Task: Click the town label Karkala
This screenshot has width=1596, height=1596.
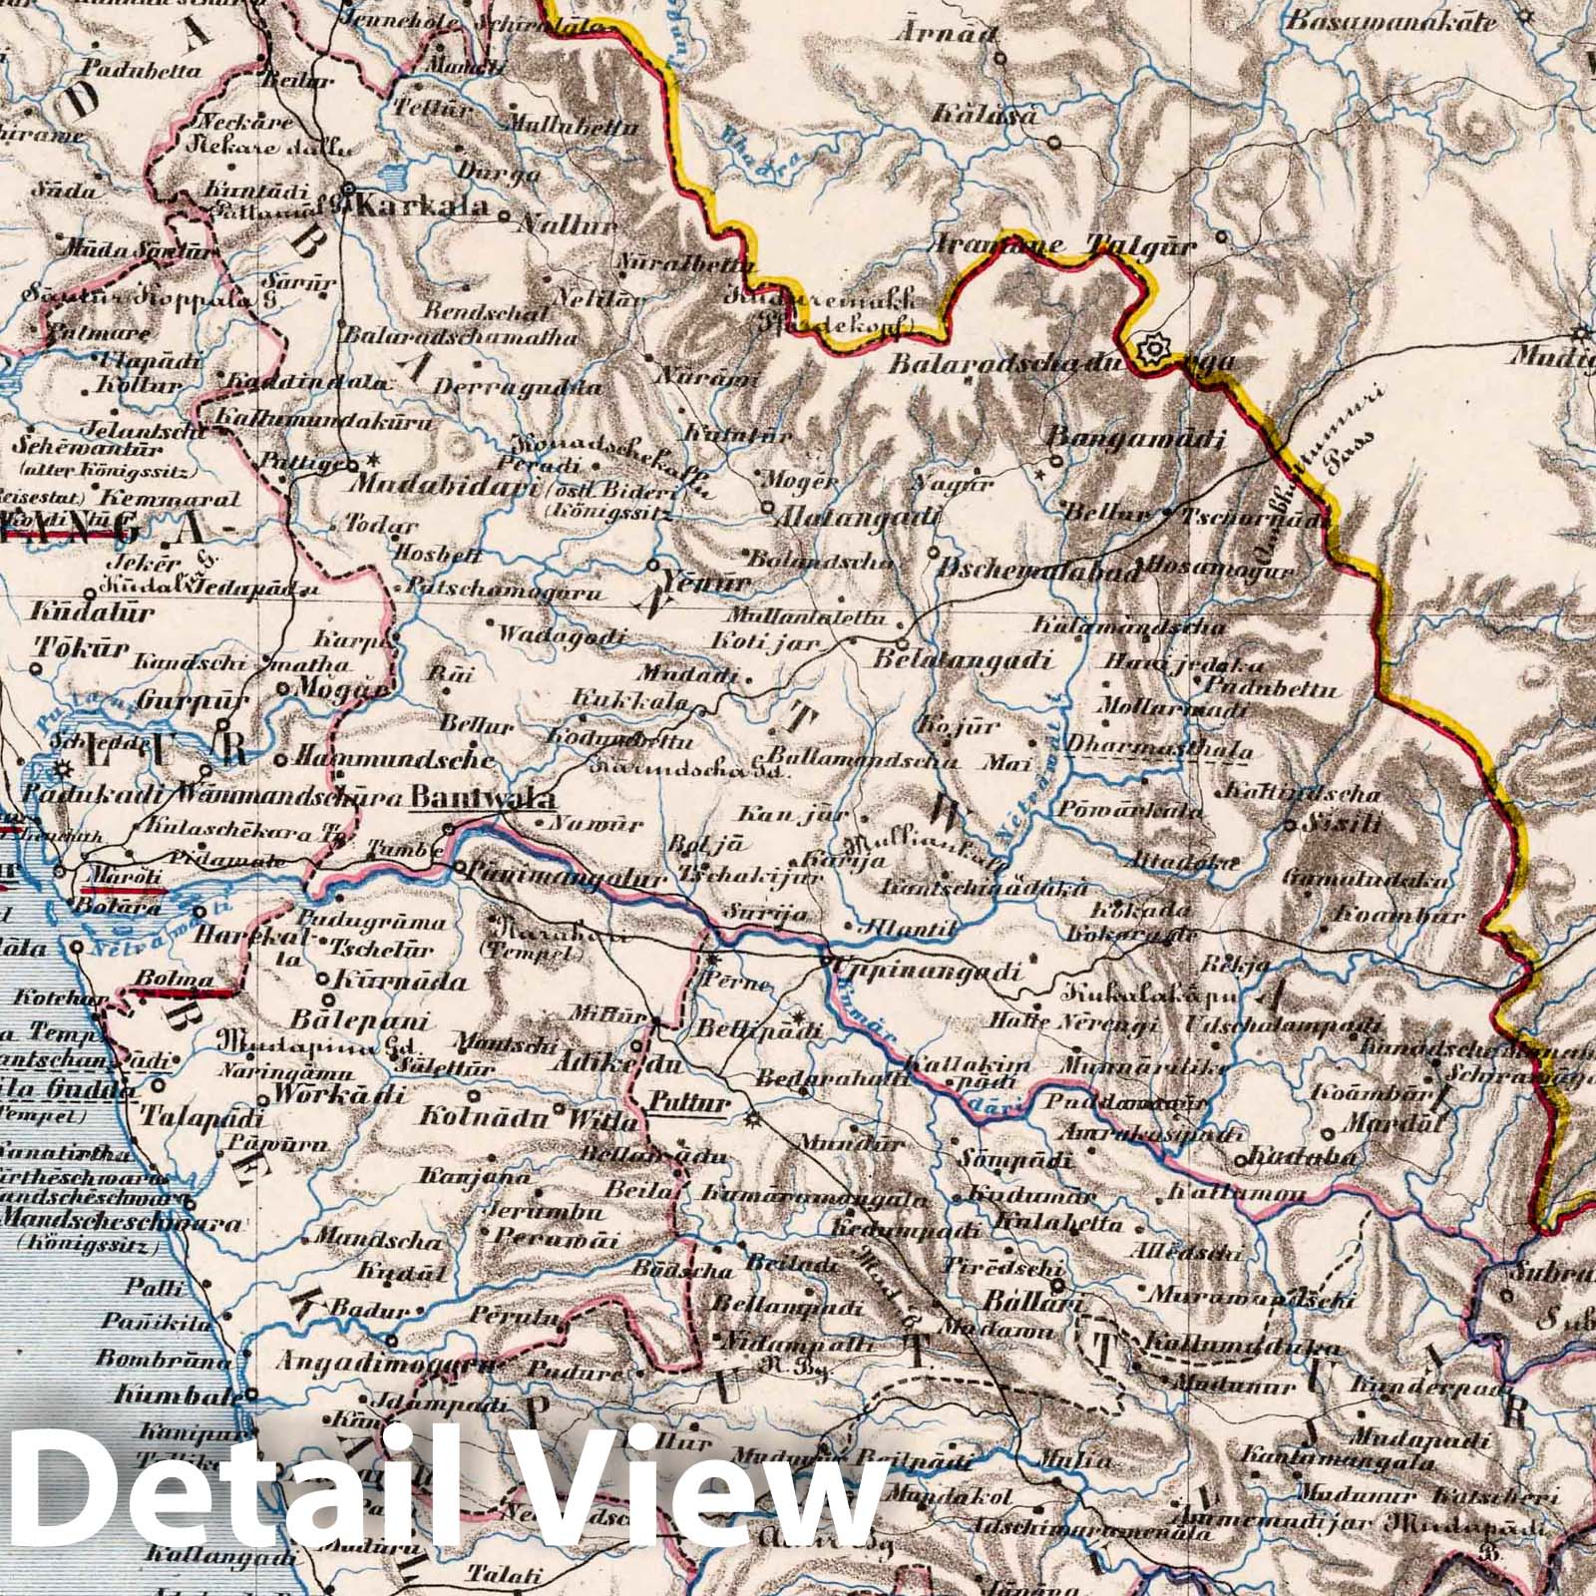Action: tap(422, 208)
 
